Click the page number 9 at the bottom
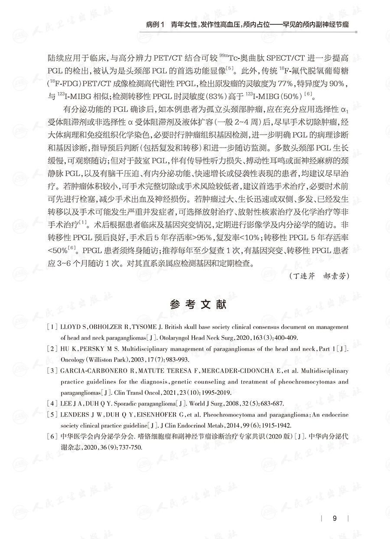tap(334, 518)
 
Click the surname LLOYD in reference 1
tap(72, 327)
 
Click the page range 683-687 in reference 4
tap(271, 403)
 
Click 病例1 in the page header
tap(156, 25)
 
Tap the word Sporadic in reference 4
tap(131, 403)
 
